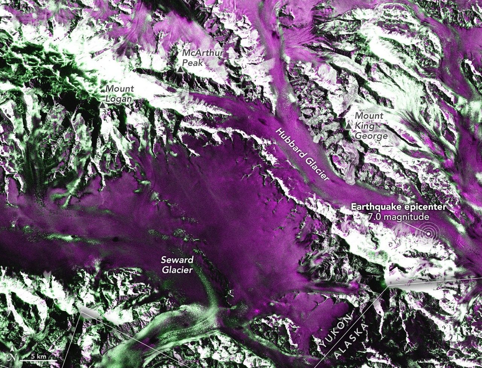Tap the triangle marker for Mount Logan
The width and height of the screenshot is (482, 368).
tap(102, 105)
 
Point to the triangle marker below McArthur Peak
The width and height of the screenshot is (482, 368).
tap(181, 70)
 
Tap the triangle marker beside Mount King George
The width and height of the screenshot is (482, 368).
tap(348, 126)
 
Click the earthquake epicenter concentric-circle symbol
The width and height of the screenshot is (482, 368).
tap(428, 234)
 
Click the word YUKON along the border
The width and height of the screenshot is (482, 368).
tap(336, 331)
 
